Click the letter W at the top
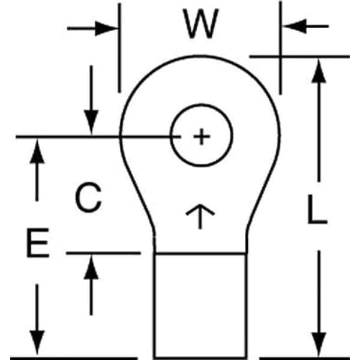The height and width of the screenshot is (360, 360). pos(200,26)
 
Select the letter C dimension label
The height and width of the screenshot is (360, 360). pos(88,198)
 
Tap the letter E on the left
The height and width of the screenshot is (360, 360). pos(40,245)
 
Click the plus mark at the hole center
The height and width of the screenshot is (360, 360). pos(202,137)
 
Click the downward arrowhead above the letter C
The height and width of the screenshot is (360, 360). pos(91,123)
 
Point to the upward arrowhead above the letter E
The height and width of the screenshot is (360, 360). pos(37,150)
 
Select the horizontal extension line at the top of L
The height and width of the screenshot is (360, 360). pos(300,56)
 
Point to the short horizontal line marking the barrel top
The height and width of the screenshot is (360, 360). pos(102,253)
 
